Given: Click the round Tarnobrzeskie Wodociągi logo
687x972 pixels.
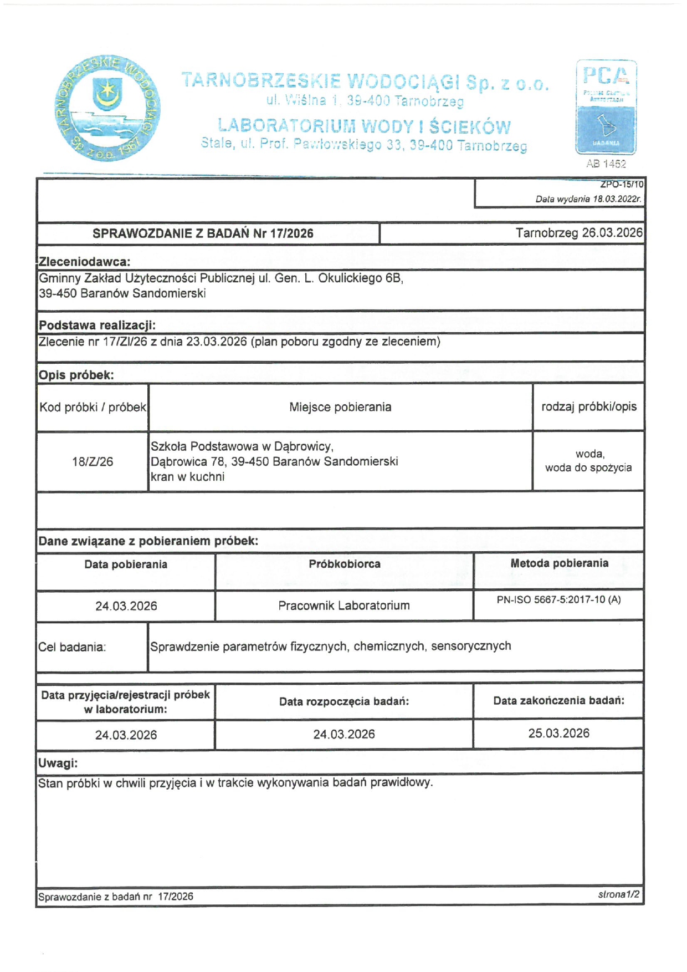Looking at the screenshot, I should point(107,109).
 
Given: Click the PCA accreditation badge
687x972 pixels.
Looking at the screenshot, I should point(606,107).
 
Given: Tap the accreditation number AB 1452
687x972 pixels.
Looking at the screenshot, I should point(606,164).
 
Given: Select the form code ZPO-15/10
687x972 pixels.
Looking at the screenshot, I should point(622,184).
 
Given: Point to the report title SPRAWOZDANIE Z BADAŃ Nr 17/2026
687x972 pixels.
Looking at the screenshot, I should point(203,233).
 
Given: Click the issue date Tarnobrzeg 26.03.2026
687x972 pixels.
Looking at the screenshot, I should point(578,233).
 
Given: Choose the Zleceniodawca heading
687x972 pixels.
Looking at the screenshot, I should point(84,262).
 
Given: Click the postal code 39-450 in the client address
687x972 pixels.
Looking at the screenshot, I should point(57,293).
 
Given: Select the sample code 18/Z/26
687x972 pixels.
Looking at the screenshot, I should point(93,461).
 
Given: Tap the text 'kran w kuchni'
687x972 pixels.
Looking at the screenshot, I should point(187,477).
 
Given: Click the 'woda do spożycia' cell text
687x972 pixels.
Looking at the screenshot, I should point(588,467).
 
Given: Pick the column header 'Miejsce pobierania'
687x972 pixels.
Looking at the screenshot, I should point(340,407).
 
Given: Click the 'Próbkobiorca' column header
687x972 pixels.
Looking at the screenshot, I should point(344,564).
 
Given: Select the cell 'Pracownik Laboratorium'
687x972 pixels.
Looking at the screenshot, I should point(344,605).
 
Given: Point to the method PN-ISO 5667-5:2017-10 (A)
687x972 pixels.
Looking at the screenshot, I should point(558,599).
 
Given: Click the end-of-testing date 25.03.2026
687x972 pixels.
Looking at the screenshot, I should point(558,733).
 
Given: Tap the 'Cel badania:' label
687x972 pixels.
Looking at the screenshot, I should point(72,647).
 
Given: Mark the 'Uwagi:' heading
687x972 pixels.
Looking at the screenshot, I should point(58,763).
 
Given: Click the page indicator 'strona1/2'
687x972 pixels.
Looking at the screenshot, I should point(618,894).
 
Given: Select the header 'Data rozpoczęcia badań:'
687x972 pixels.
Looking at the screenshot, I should point(344,701).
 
